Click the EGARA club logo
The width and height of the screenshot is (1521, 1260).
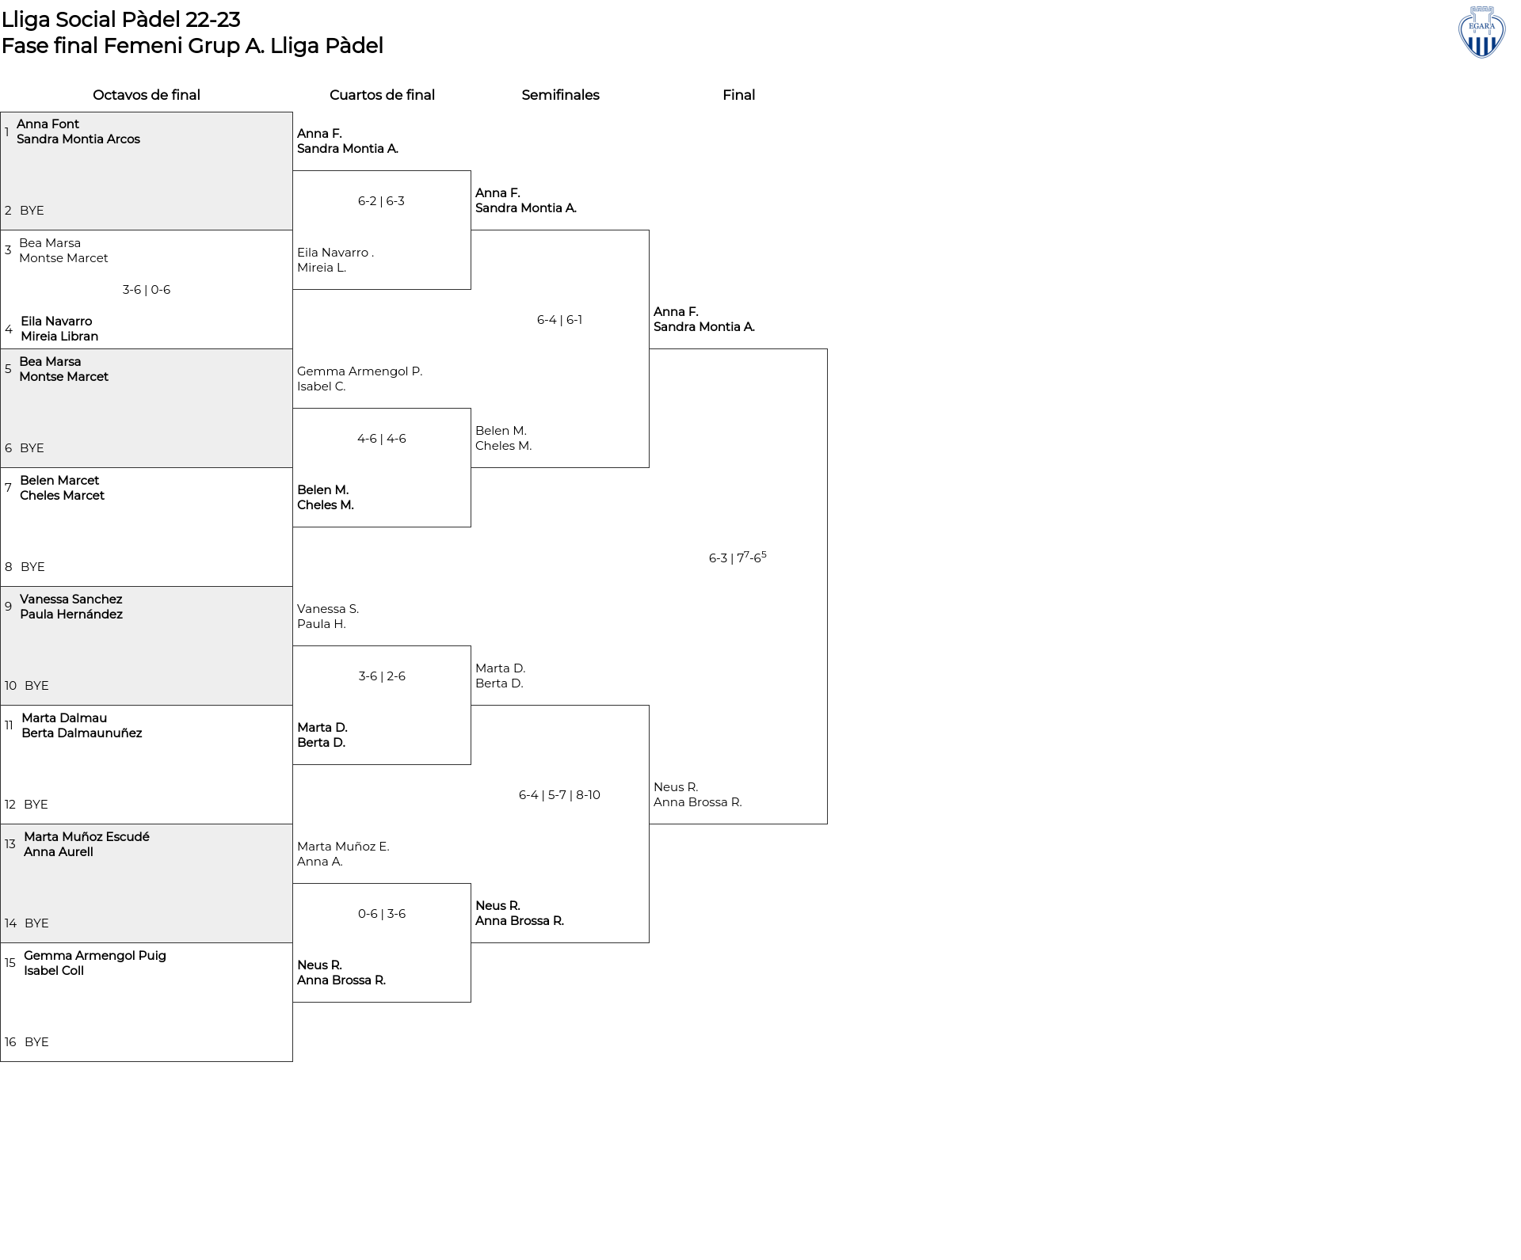tap(1481, 32)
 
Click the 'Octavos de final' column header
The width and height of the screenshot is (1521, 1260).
tap(147, 95)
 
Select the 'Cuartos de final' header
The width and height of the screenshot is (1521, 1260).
tap(382, 95)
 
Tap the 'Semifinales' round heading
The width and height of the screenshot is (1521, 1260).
tap(560, 95)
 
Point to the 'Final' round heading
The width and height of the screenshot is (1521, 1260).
tap(738, 95)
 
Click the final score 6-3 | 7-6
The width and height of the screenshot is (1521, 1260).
tap(738, 557)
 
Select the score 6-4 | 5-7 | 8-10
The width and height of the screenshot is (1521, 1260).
tap(559, 795)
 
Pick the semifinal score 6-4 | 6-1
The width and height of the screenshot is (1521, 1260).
tap(559, 320)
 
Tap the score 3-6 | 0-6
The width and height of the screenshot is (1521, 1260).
tap(147, 290)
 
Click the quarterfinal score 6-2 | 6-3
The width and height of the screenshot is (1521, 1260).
tap(381, 201)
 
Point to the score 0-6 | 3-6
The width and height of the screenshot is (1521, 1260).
tap(382, 914)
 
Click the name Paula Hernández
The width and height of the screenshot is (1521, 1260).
tap(71, 615)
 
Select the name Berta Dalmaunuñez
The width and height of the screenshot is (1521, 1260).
tap(82, 733)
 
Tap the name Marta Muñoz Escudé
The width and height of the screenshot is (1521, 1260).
tap(86, 837)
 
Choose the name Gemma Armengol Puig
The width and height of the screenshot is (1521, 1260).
tap(95, 956)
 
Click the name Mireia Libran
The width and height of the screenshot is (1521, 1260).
tap(59, 337)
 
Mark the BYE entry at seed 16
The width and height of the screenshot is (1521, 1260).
tap(36, 1042)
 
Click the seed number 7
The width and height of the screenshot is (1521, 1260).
tap(8, 488)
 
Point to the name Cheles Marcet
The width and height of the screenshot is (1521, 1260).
tap(62, 496)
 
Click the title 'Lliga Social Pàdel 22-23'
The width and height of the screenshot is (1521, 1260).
tap(121, 19)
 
